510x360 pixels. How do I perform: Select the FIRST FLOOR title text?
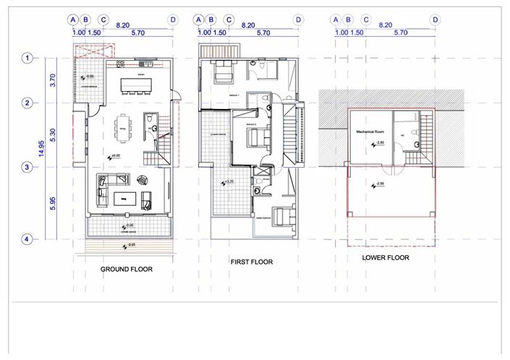click(x=251, y=262)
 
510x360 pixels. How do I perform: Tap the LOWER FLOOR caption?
click(x=386, y=257)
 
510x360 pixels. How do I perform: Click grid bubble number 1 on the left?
click(x=27, y=58)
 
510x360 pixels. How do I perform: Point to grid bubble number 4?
click(x=27, y=239)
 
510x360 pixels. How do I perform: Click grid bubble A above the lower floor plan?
click(x=335, y=20)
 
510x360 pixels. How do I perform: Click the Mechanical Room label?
click(x=369, y=133)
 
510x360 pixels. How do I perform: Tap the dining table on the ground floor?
click(x=124, y=131)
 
